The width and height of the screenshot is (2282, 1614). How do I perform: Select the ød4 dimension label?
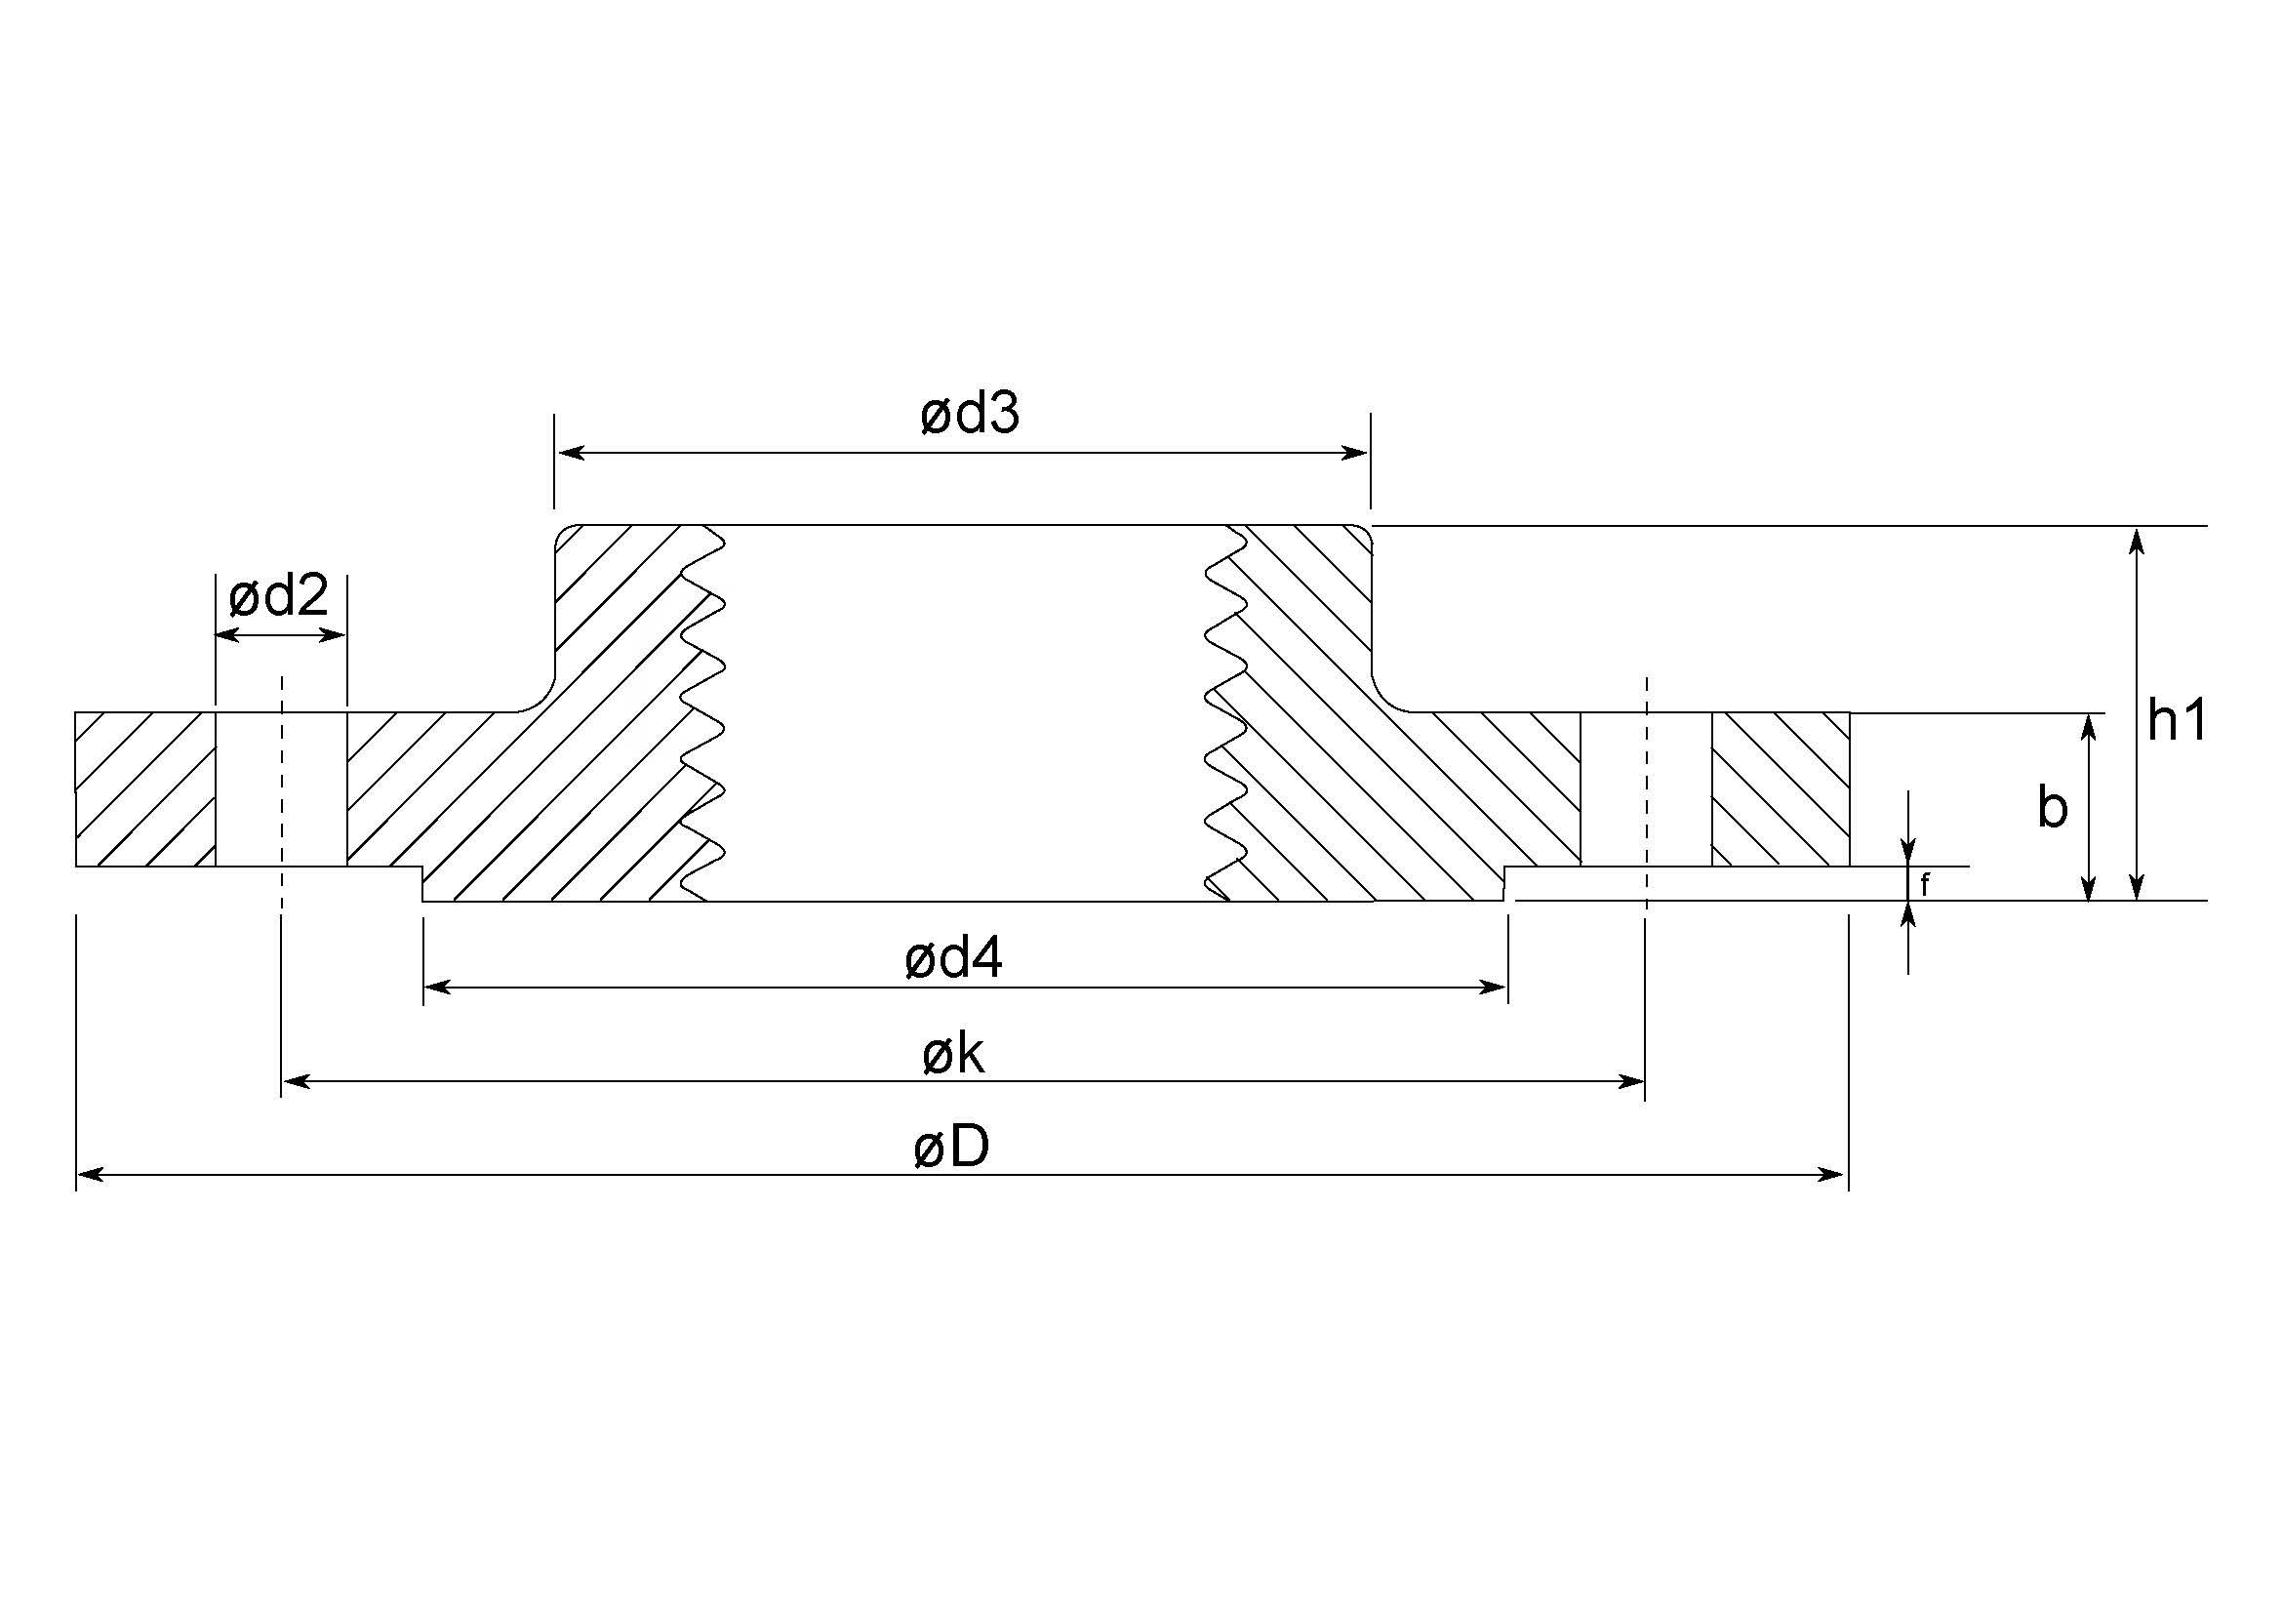pos(953,959)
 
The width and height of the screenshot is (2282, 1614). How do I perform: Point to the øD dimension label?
pos(951,1146)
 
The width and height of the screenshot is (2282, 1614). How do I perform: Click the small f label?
pos(1924,884)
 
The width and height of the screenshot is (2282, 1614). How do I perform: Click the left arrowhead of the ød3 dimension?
pos(569,453)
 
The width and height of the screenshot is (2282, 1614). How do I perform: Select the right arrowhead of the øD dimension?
pos(1833,1175)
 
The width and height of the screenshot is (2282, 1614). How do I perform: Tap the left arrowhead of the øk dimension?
pos(297,1081)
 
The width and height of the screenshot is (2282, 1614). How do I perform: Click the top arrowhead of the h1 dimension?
pos(2137,541)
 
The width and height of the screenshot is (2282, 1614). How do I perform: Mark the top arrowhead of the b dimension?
pos(2089,728)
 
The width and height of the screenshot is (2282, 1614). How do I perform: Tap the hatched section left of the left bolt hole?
pos(145,789)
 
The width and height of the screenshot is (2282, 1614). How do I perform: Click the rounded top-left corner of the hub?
pos(563,535)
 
